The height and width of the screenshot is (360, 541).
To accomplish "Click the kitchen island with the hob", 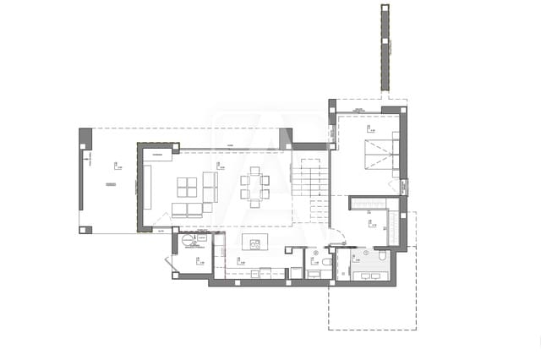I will (x=254, y=242).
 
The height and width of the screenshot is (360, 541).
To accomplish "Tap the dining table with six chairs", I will (x=254, y=187).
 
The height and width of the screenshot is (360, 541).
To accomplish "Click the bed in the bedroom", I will (x=380, y=154).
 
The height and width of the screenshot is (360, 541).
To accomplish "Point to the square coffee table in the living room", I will (x=188, y=186).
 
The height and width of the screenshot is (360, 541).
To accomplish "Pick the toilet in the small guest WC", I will (x=315, y=253).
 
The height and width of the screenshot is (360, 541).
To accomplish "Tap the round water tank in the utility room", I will (x=188, y=240).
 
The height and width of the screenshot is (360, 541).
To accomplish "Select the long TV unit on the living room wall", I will (x=147, y=187).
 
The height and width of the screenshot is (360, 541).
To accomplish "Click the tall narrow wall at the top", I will (x=385, y=48).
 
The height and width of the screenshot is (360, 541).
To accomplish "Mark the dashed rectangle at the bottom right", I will (x=372, y=304).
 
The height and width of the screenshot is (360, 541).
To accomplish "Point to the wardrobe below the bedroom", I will (x=369, y=203).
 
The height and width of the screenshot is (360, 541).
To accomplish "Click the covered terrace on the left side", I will (x=109, y=182).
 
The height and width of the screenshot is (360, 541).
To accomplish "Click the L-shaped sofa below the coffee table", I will (x=189, y=209).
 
